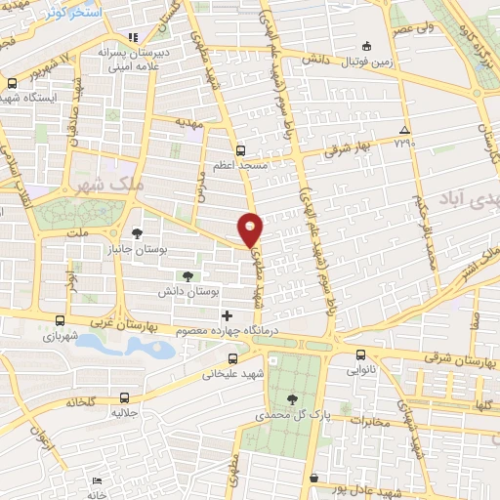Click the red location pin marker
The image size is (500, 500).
coord(251,228)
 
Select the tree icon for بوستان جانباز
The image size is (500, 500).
coord(136,233)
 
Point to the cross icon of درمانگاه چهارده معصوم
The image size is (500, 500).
coord(228,315)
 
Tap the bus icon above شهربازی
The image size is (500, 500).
coord(60,320)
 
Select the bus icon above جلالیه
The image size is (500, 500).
coord(124,397)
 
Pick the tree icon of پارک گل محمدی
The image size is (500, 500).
coord(293,397)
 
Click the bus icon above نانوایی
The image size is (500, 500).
coord(360,355)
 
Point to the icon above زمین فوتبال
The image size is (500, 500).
coord(366,46)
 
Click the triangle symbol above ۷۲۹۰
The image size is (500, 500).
coord(404,131)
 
